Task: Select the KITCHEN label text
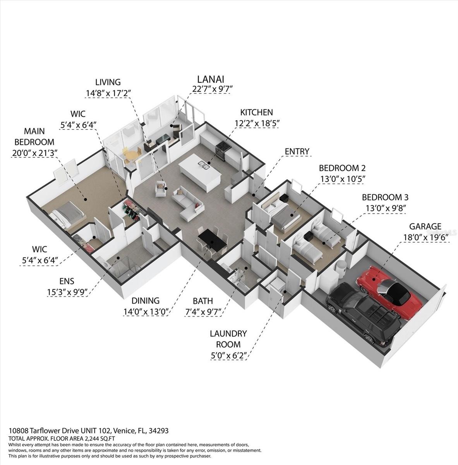256,113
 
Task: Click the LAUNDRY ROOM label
228,339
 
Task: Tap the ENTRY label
297,151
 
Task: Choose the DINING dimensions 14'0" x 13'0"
145,311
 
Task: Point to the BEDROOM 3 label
385,197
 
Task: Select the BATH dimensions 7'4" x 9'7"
204,311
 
